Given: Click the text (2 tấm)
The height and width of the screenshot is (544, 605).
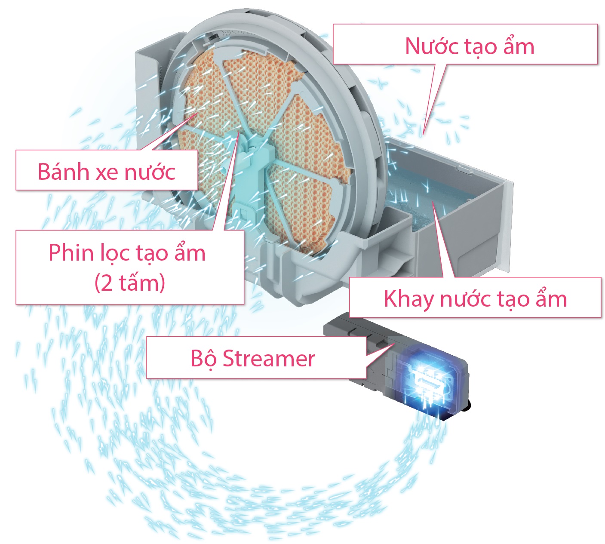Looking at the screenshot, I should click(x=130, y=283).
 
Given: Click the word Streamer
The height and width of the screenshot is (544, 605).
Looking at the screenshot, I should click(x=269, y=358).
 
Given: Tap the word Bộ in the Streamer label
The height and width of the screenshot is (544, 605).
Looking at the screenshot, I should click(x=203, y=358).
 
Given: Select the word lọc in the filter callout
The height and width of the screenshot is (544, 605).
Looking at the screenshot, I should click(x=112, y=253).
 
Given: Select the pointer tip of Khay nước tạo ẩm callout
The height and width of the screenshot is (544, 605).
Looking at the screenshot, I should click(x=433, y=202).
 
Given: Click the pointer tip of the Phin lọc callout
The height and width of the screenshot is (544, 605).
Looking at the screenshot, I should click(x=239, y=132).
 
